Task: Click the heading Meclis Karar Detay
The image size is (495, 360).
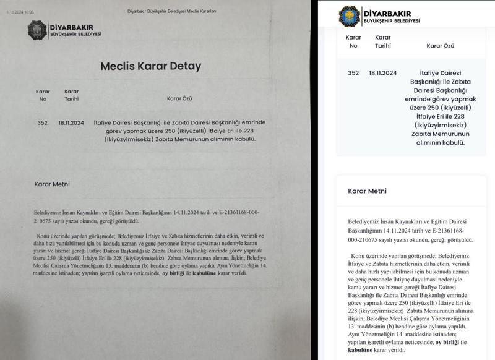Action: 151,66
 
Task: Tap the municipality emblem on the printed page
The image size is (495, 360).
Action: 36,29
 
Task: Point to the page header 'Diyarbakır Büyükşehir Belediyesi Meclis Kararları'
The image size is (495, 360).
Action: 171,11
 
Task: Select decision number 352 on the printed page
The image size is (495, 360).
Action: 42,122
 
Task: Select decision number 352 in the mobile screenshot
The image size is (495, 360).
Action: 353,72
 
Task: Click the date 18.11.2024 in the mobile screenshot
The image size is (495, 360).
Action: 382,72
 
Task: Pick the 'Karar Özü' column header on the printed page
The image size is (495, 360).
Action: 180,98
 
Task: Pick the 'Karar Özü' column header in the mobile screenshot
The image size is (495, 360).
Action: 440,45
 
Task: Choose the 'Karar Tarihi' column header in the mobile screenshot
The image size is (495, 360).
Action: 382,41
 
